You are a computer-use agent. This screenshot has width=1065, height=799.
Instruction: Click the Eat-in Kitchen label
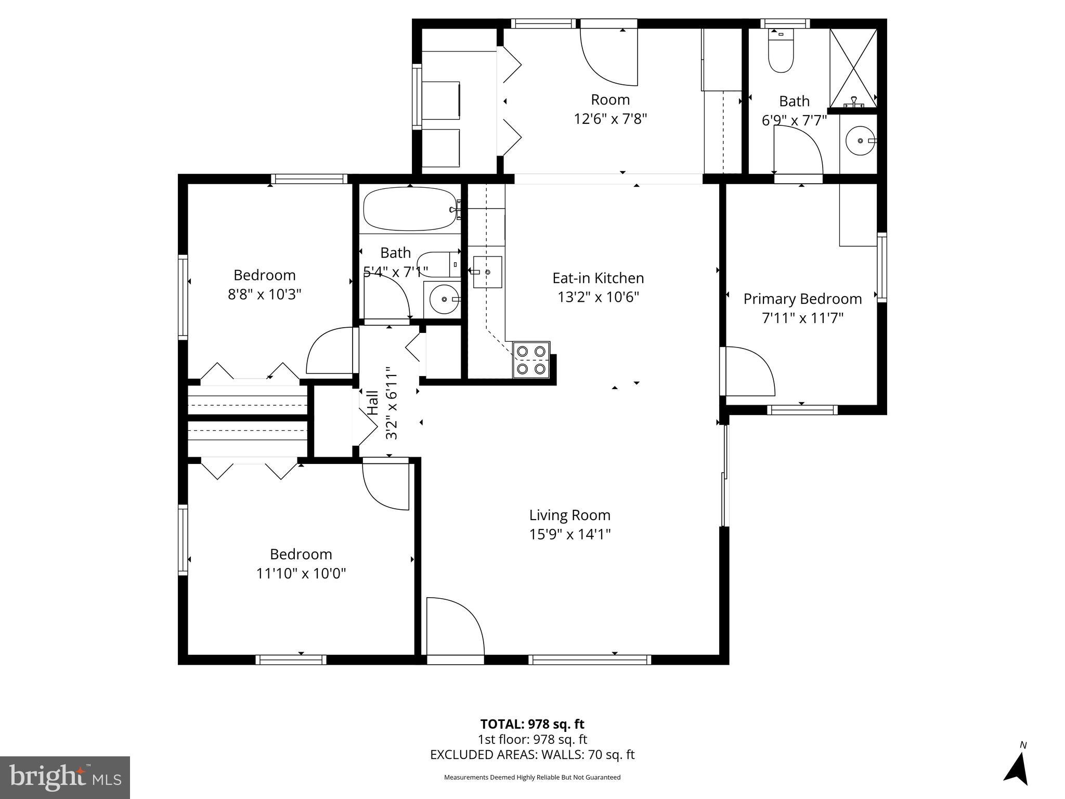[598, 278]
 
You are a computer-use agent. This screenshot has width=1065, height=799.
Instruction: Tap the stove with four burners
[531, 359]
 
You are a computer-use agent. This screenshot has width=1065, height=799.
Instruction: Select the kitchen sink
[487, 272]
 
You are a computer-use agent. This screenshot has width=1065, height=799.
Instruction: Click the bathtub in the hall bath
[409, 209]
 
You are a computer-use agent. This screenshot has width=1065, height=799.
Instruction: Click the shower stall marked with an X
[853, 68]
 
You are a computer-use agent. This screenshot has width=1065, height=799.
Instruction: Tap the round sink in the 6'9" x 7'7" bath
[859, 141]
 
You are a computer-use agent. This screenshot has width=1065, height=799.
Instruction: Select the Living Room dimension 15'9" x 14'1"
[570, 534]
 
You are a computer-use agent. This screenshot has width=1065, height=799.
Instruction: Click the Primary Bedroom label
[802, 299]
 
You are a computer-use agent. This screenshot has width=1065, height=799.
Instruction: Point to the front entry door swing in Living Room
[453, 627]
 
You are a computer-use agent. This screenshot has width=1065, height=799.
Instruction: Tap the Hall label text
[372, 403]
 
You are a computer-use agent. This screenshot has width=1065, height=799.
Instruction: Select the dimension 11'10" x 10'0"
[301, 573]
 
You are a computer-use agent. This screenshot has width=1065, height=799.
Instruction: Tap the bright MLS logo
[64, 777]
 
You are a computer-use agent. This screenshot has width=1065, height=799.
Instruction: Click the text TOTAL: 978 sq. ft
[532, 724]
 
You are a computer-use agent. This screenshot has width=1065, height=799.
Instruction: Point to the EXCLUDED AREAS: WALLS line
[532, 754]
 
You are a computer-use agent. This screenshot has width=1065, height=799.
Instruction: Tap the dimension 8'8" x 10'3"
[265, 294]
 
